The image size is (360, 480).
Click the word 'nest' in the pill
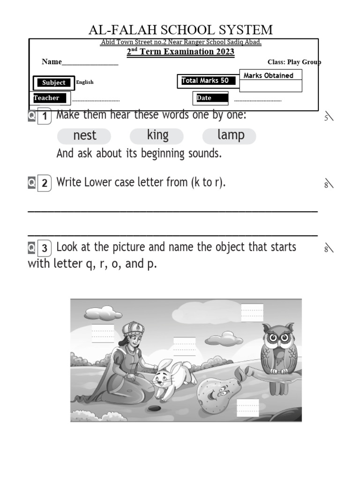84,136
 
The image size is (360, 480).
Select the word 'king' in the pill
157,135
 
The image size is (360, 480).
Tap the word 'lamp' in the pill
231,135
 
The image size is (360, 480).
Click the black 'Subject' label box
54,83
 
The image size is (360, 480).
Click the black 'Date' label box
210,98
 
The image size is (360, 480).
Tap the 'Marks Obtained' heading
269,75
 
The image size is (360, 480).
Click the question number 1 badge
44,116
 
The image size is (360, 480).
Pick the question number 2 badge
44,183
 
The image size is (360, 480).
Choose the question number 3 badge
44,248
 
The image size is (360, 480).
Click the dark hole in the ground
153,408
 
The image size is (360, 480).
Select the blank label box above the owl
252,312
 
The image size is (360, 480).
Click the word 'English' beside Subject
85,82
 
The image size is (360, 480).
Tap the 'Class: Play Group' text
294,62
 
